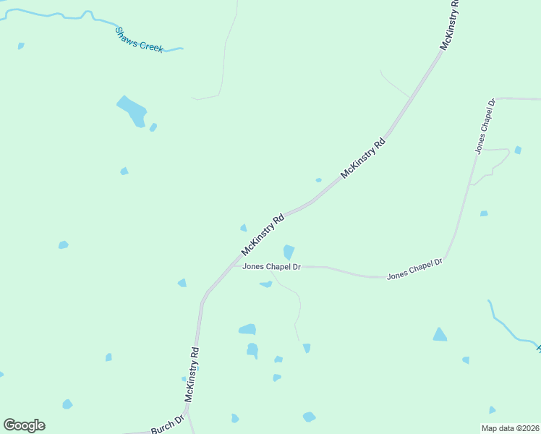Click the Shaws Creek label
click(140, 39)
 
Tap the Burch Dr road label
click(168, 425)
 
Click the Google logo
click(25, 425)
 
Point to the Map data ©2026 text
click(511, 428)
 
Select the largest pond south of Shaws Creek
click(132, 111)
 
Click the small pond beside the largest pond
click(153, 127)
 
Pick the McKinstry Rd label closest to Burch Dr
click(192, 374)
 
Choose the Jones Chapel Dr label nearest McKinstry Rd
click(271, 266)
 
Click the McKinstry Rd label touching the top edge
click(450, 25)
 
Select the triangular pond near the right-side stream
click(440, 334)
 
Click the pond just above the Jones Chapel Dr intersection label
click(289, 252)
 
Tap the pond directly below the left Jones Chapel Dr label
click(266, 284)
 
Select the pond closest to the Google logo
click(67, 404)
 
